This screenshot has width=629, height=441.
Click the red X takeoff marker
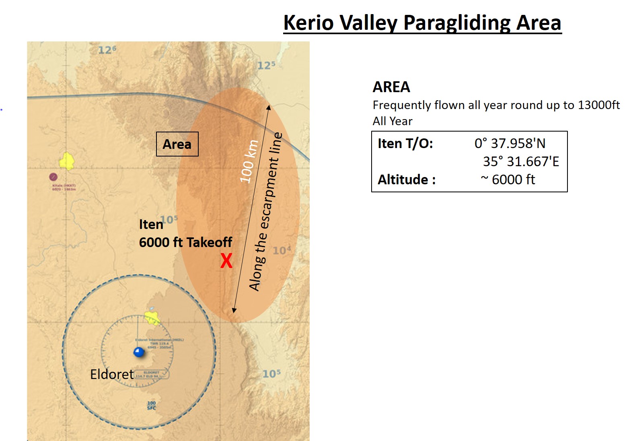click(226, 261)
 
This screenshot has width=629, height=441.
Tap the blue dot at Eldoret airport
click(139, 352)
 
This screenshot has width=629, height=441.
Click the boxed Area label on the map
click(177, 144)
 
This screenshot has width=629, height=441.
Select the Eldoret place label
click(112, 374)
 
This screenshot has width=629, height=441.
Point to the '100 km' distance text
click(249, 161)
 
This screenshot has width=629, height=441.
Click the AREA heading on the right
click(391, 87)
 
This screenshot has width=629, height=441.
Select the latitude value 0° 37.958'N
click(510, 143)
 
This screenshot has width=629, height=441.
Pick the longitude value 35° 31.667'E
click(521, 161)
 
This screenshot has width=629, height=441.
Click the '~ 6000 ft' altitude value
click(508, 179)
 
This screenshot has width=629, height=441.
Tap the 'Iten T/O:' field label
click(405, 143)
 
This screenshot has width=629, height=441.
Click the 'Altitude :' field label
click(407, 179)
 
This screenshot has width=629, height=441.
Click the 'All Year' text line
click(393, 121)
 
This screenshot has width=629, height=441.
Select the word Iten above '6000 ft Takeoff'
click(151, 224)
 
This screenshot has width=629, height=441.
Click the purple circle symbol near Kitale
click(53, 177)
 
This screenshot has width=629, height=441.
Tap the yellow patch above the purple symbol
click(67, 161)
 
